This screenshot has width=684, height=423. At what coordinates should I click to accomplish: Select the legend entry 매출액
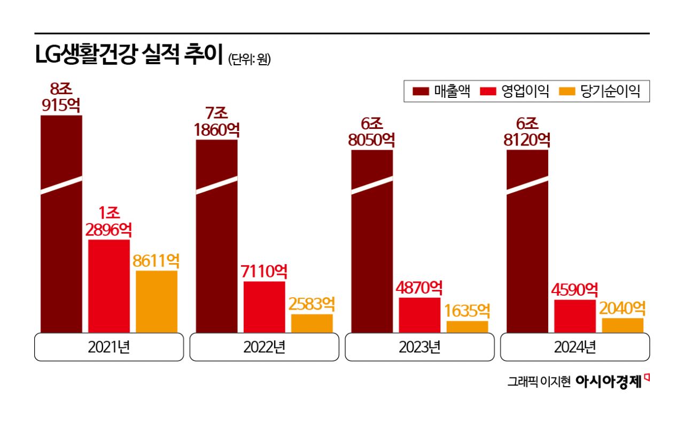click(441, 91)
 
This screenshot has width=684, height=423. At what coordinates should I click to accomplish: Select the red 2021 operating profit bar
click(109, 286)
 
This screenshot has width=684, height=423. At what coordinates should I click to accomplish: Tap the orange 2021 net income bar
click(157, 302)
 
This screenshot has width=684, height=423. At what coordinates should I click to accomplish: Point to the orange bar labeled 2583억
click(312, 323)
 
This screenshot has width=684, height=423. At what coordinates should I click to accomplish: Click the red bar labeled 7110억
click(264, 307)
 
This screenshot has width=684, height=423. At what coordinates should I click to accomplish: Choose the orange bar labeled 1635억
click(467, 327)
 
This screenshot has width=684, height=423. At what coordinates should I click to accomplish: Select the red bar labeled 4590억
click(575, 316)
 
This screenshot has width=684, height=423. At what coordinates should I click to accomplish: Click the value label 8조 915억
click(61, 97)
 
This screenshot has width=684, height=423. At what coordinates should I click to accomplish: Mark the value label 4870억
click(419, 288)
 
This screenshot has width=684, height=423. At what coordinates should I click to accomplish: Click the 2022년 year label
click(264, 347)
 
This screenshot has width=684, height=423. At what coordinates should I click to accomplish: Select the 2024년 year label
click(575, 347)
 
